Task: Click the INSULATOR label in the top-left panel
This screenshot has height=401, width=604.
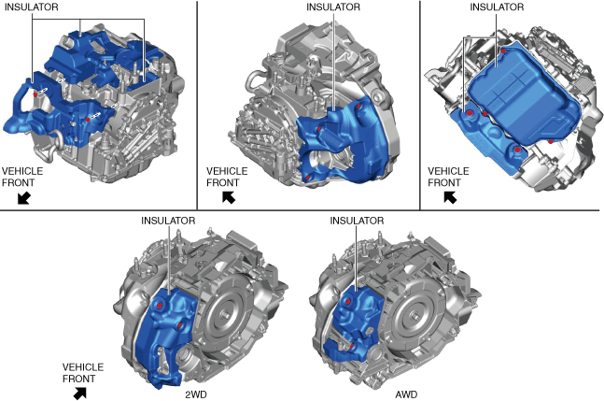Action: click(x=31, y=7)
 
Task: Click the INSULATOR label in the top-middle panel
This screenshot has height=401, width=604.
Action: click(x=333, y=7)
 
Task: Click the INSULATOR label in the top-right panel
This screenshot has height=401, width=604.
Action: click(x=497, y=7)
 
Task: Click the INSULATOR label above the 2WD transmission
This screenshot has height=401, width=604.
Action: click(x=168, y=221)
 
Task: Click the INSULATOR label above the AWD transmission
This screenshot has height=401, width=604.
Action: click(x=357, y=221)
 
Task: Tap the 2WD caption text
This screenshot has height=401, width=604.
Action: click(x=196, y=394)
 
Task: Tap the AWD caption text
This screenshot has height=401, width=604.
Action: click(x=406, y=394)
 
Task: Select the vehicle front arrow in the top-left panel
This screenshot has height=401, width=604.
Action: click(x=24, y=198)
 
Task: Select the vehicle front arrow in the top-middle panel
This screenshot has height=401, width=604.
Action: click(x=229, y=197)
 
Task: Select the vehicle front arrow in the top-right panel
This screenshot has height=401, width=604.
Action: click(x=450, y=197)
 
